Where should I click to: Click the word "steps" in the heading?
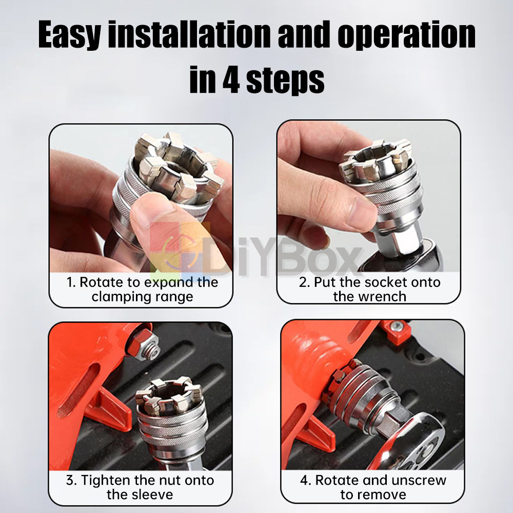[x=285, y=81]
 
